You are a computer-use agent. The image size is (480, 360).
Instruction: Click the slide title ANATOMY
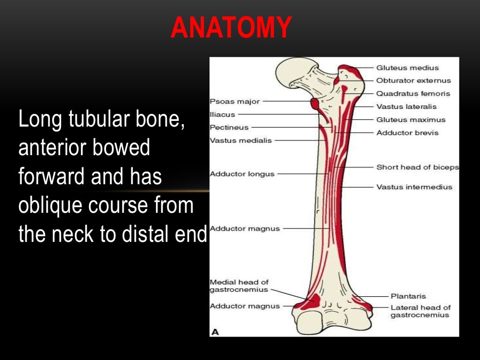tap(232, 28)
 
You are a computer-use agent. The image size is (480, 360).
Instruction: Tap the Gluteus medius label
tap(407, 67)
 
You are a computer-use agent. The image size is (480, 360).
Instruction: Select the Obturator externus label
tap(413, 81)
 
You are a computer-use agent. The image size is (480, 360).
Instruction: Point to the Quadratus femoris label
tap(412, 93)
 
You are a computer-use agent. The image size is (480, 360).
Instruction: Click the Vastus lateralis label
tap(406, 106)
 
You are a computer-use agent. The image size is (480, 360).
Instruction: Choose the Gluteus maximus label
tap(411, 120)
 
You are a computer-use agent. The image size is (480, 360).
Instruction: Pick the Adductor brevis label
tap(407, 133)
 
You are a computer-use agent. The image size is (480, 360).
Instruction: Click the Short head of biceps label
tap(417, 167)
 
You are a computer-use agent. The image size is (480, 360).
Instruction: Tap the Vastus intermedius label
tap(414, 187)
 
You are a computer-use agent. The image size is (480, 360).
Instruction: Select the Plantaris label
tap(408, 296)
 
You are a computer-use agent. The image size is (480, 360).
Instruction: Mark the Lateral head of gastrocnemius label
tap(420, 311)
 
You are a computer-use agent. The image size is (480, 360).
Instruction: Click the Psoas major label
tap(234, 101)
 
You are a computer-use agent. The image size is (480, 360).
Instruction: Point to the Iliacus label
tap(223, 114)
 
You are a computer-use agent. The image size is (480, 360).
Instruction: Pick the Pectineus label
tap(229, 127)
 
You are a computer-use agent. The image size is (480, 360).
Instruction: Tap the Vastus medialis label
tap(240, 140)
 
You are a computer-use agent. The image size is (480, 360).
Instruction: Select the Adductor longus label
tap(242, 174)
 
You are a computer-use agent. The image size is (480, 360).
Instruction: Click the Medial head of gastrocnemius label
tap(239, 286)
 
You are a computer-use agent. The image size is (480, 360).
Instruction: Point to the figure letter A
tap(215, 332)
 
